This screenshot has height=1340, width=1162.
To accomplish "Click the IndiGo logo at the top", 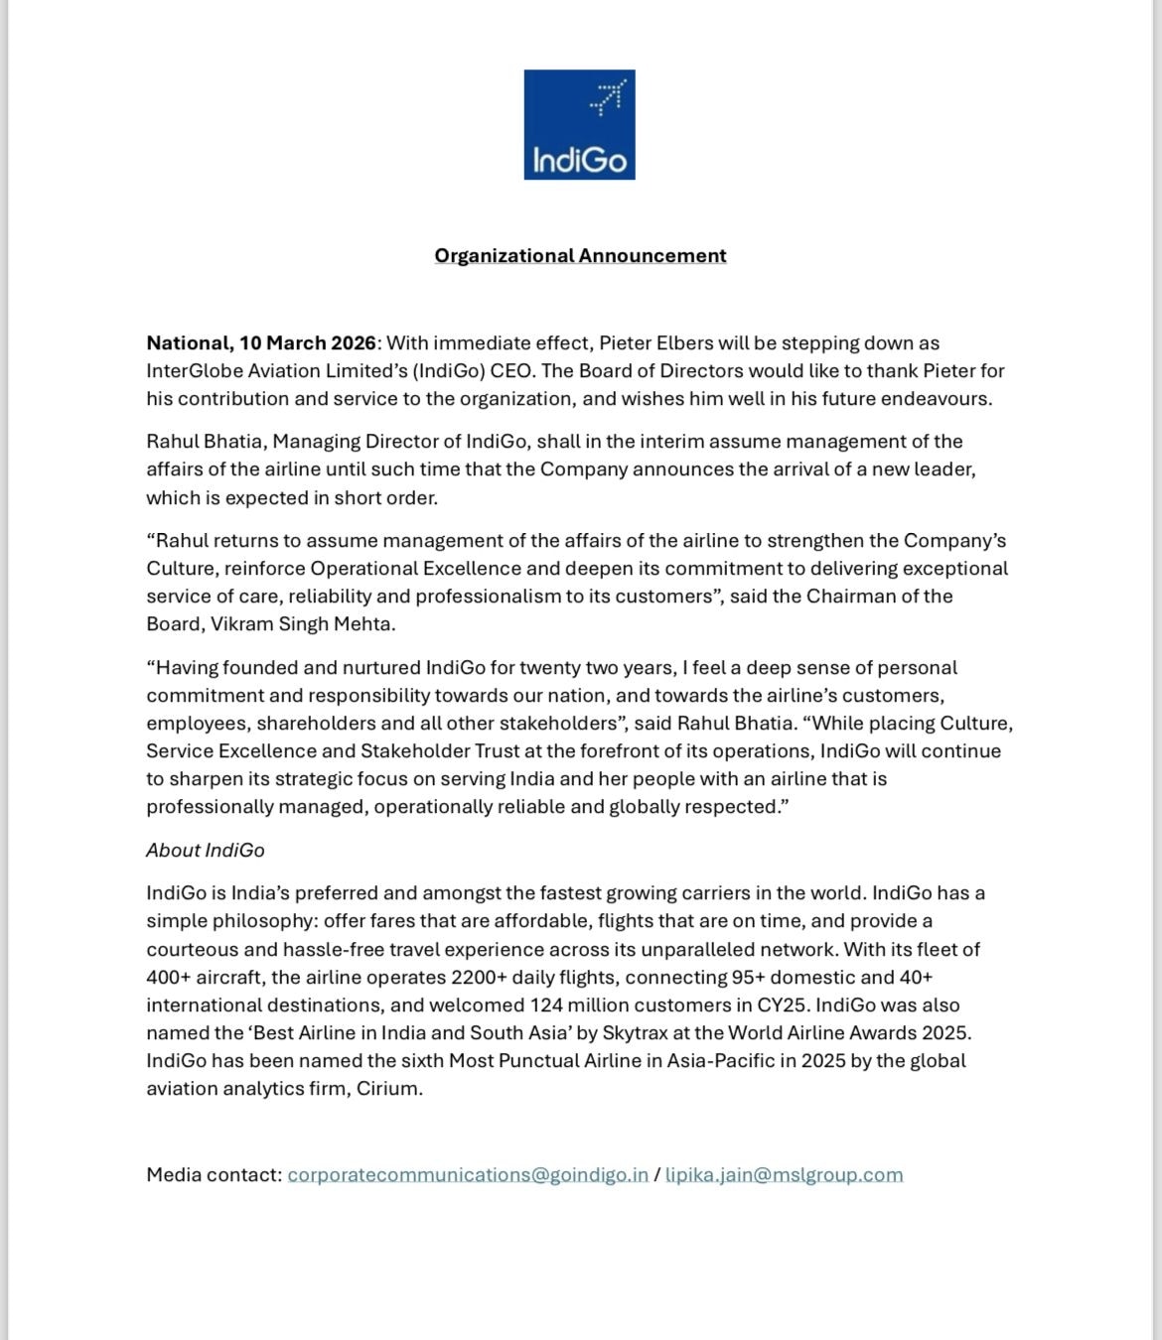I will (x=579, y=124).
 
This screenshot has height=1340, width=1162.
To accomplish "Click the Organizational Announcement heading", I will (x=580, y=256).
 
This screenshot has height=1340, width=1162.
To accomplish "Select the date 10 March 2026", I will (x=307, y=343).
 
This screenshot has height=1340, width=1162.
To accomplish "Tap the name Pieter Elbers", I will (x=655, y=343).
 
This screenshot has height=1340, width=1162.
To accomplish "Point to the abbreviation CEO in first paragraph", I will (x=511, y=371).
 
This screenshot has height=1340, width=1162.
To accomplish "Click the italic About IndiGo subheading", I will (x=206, y=851).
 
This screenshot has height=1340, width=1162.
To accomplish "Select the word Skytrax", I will (x=636, y=1033).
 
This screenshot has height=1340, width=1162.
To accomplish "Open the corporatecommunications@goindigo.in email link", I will (x=468, y=1175).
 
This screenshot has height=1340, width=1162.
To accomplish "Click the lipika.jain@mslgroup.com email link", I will (x=784, y=1175).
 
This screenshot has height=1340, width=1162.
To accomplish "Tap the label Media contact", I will (x=214, y=1175).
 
